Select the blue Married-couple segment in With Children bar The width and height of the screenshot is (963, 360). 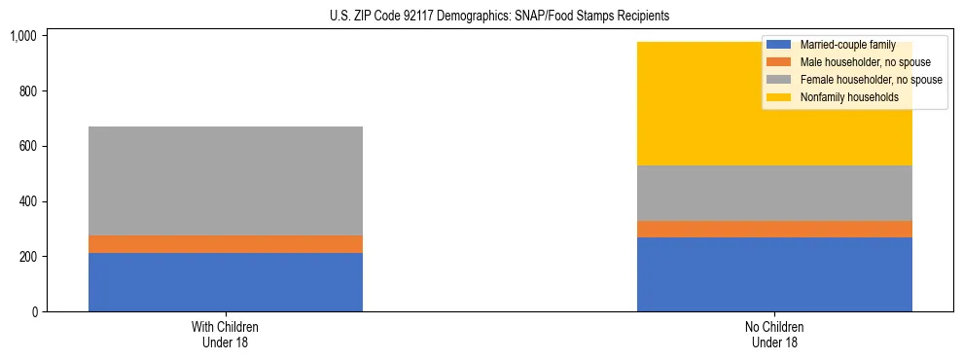(226, 282)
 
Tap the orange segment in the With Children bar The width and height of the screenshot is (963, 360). (226, 244)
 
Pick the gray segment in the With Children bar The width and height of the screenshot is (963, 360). (226, 181)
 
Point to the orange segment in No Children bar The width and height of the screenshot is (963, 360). (774, 229)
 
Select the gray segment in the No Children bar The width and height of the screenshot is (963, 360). (774, 193)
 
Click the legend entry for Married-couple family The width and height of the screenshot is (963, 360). (845, 45)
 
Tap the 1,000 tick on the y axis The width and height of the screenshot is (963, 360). (23, 36)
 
